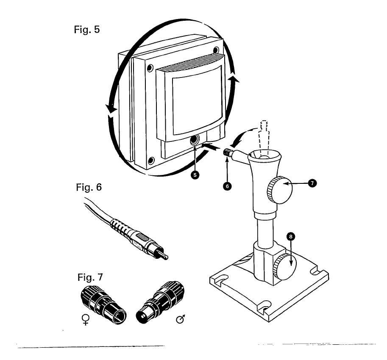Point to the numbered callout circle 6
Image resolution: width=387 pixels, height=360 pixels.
tap(228, 185)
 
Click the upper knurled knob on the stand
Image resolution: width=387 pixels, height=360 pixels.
tap(279, 189)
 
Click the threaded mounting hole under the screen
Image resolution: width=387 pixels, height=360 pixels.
tap(195, 141)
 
